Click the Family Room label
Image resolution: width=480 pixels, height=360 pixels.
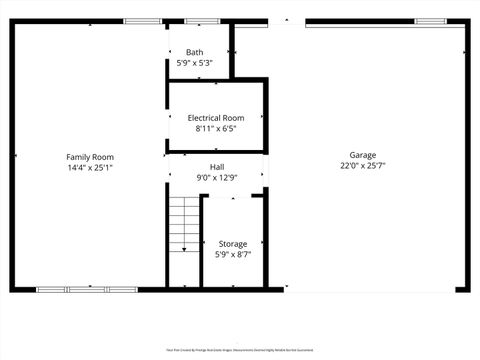click(x=90, y=157)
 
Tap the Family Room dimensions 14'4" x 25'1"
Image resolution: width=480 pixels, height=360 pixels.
click(x=90, y=168)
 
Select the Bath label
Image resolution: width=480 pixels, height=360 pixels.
click(x=194, y=52)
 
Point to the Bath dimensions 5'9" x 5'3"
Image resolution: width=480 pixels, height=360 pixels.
click(x=194, y=63)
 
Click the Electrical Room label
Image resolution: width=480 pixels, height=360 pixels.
click(x=215, y=117)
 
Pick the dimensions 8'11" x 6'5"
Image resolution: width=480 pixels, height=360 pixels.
click(x=215, y=128)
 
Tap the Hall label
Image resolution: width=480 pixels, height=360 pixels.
click(x=217, y=167)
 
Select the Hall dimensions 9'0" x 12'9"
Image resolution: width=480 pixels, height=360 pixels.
click(x=217, y=178)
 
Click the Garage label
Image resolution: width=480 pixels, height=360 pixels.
click(x=362, y=155)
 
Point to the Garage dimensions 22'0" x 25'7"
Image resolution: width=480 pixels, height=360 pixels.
click(x=362, y=166)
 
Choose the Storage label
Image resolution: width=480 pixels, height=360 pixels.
click(x=233, y=243)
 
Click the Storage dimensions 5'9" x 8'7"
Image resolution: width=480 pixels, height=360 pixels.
click(x=233, y=254)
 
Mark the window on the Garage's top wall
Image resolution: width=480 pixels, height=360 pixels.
click(x=430, y=21)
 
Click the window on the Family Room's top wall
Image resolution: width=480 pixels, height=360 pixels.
click(x=139, y=21)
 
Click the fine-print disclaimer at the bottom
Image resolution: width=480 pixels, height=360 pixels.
click(x=240, y=350)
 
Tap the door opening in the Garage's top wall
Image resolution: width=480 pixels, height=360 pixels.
click(x=286, y=21)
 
